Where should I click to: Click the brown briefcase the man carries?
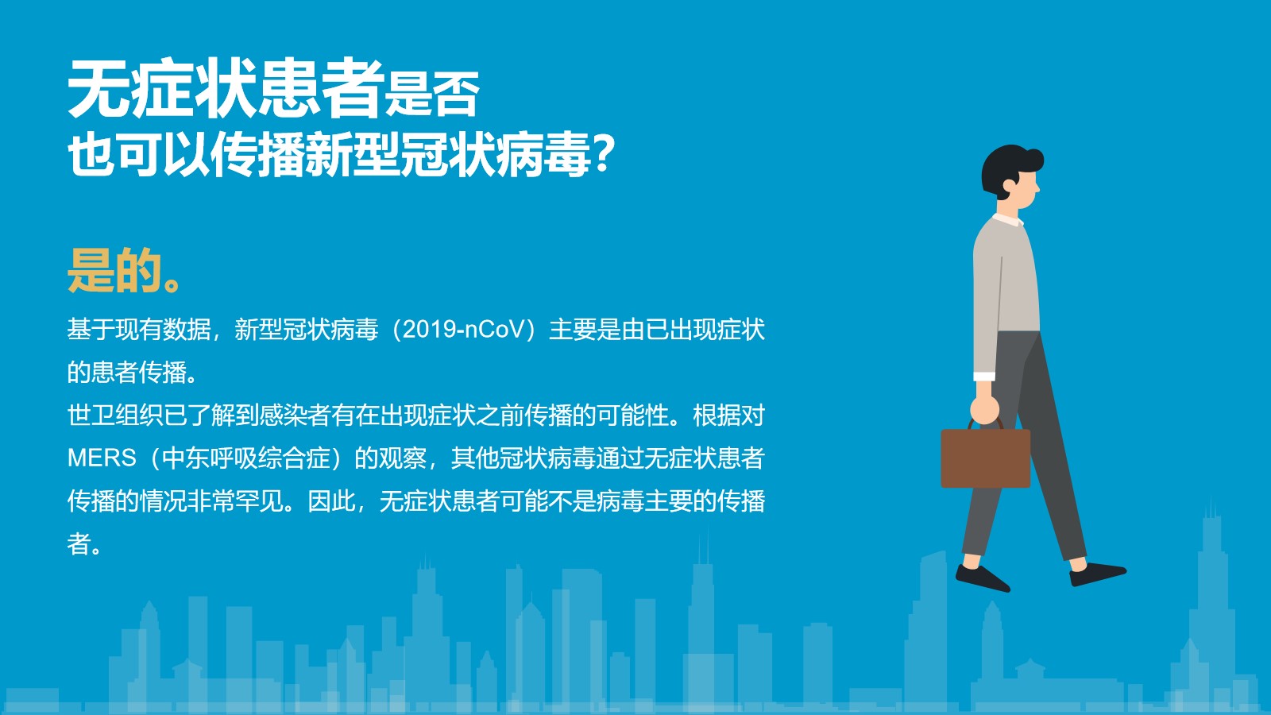coord(986,458)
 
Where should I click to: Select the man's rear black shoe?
coord(982,578)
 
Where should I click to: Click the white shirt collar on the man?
coord(1008,219)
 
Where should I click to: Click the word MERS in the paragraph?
coord(102,458)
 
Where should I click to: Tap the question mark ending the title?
coord(603,153)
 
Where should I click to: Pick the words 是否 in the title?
coord(432,95)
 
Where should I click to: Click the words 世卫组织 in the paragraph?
coord(115,415)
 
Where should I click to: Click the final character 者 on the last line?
coord(79,543)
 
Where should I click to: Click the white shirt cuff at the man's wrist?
coord(984,377)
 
